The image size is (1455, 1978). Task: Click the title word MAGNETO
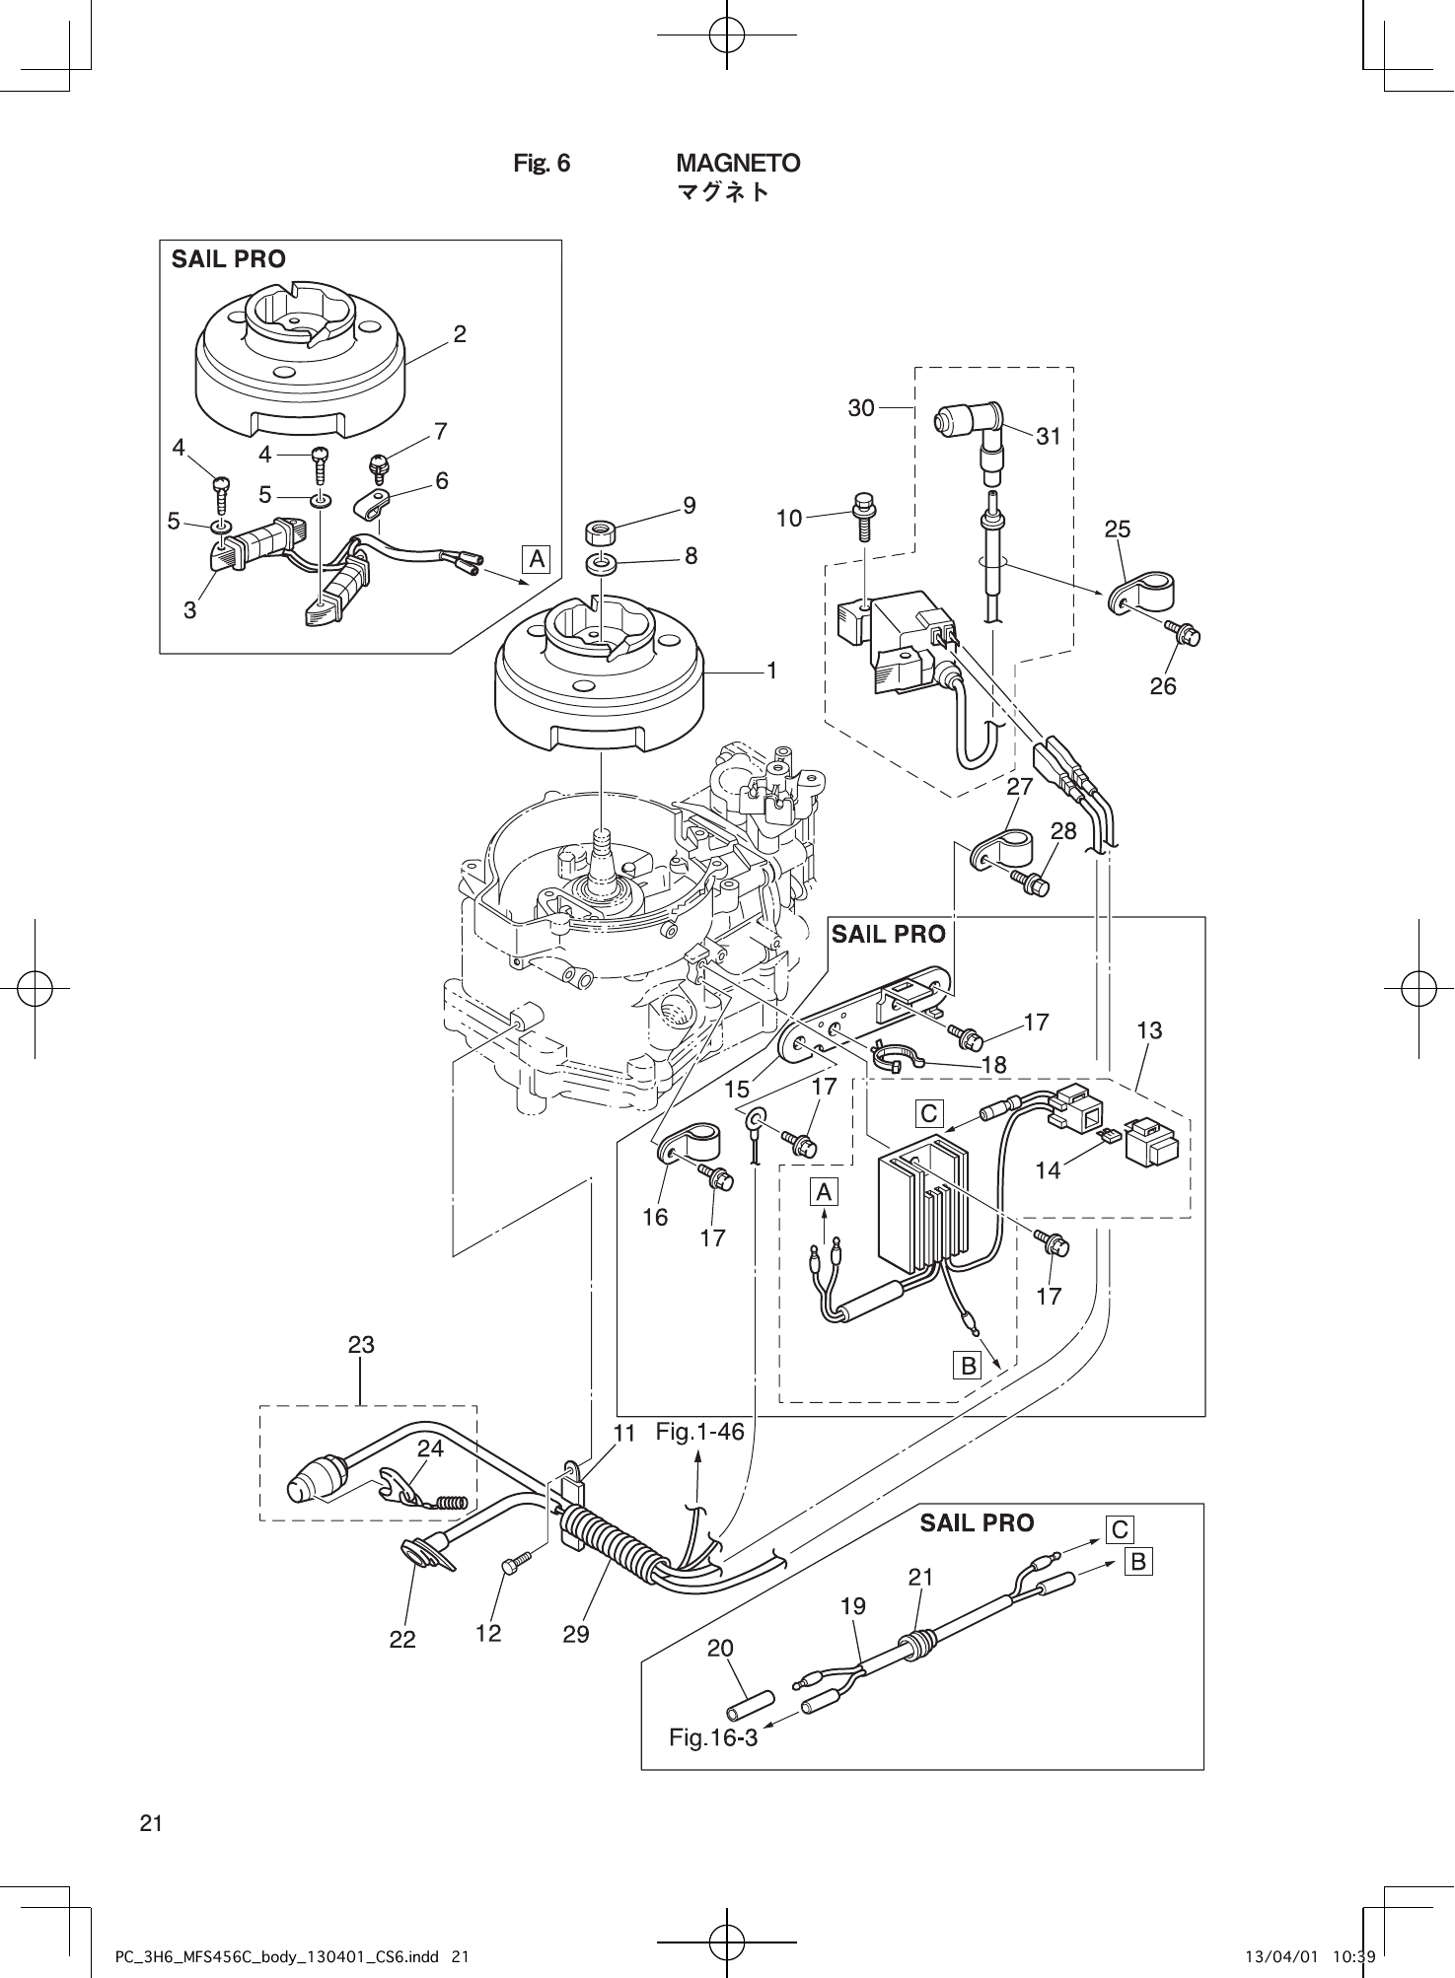738,163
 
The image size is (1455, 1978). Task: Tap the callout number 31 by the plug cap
1049,437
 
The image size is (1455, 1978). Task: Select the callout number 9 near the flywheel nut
689,506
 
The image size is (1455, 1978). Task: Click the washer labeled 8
600,564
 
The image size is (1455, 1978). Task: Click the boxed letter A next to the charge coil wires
536,559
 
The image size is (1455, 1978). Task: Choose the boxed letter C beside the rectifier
929,1113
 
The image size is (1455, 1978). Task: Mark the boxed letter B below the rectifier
968,1366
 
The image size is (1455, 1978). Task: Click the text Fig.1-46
699,1432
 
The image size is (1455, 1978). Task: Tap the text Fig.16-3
713,1737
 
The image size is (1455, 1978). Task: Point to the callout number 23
361,1344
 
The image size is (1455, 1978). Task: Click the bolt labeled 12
515,1563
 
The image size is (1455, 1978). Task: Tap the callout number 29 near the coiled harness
576,1634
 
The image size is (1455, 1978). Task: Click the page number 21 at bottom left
151,1823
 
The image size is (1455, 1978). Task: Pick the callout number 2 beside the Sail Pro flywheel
460,334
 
